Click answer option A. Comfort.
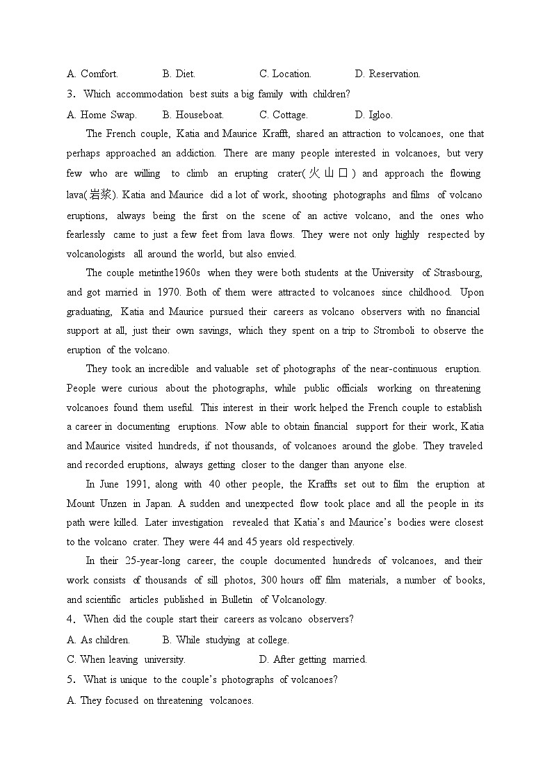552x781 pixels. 92,74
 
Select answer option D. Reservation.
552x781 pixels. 387,74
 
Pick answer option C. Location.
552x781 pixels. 285,74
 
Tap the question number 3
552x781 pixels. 70,94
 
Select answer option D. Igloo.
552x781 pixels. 373,115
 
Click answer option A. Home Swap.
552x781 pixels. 102,115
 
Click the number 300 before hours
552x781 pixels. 270,580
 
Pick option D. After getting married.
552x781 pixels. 312,659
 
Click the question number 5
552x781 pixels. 70,679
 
